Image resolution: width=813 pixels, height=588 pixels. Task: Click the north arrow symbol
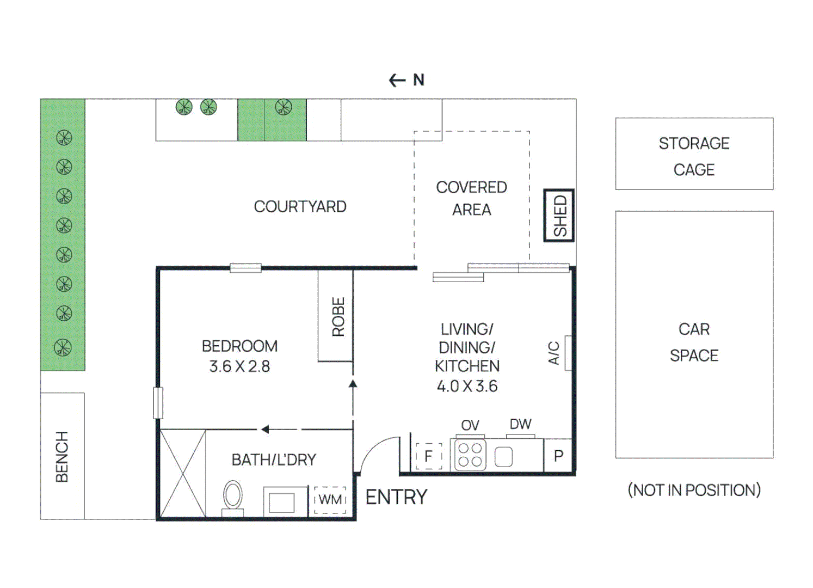(406, 81)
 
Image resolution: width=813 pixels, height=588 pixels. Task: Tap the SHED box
(559, 216)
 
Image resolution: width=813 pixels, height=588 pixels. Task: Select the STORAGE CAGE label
(694, 156)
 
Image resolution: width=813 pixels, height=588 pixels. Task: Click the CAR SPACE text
(694, 342)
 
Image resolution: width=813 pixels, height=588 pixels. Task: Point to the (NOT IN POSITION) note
(694, 490)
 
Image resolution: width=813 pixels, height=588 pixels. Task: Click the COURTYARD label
(300, 207)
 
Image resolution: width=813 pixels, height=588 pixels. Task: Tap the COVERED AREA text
(471, 198)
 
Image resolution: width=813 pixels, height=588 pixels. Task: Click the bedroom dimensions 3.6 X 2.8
(239, 366)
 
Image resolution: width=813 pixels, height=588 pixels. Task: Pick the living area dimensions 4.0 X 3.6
(467, 386)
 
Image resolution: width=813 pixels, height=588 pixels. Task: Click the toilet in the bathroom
(233, 497)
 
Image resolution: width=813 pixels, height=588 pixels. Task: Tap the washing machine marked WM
(330, 500)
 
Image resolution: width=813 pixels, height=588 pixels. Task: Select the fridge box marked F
(429, 456)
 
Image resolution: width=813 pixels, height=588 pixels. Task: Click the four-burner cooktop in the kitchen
(470, 455)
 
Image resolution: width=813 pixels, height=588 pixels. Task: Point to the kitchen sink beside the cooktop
(503, 457)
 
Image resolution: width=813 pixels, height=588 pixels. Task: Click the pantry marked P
(558, 456)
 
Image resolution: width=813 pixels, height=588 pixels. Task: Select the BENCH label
(62, 456)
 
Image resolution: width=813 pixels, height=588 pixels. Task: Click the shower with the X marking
(183, 473)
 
